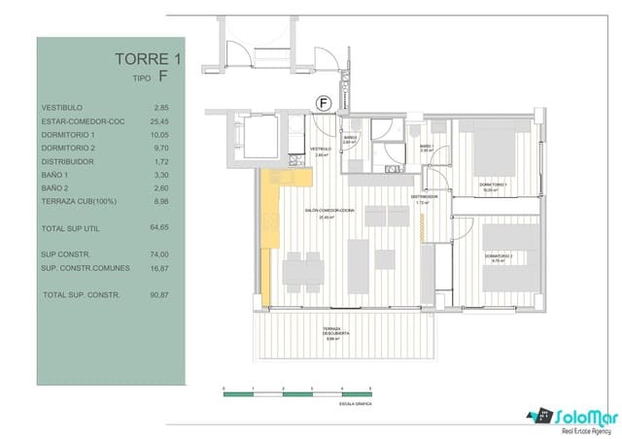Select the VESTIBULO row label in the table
[62, 107]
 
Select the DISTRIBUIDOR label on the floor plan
[424, 197]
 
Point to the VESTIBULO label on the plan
[322, 150]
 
